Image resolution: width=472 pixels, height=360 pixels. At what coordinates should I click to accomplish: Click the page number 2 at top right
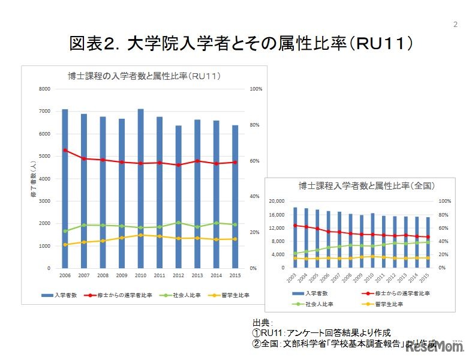455,25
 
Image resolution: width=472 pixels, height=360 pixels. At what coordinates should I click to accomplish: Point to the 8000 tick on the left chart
44,89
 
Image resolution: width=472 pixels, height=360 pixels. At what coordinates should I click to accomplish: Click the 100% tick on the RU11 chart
256,89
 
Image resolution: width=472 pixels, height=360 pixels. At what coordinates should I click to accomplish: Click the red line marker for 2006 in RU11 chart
65,150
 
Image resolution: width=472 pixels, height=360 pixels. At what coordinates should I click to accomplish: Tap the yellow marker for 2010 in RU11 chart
140,235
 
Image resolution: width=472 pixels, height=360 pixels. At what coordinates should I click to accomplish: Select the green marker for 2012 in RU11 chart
178,223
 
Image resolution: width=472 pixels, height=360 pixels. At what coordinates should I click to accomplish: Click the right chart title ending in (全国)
366,186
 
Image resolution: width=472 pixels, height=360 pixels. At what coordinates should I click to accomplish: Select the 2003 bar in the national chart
295,238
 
